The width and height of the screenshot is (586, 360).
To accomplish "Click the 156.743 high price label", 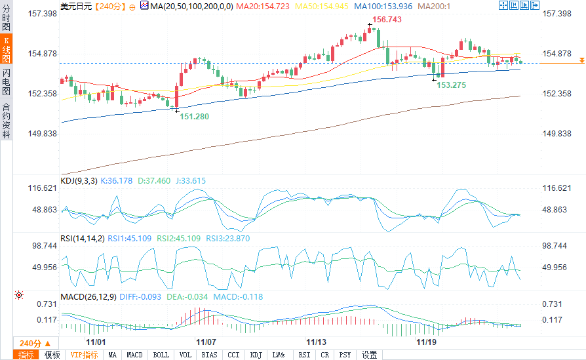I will tap(388, 20).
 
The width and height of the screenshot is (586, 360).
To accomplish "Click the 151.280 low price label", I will tap(195, 116).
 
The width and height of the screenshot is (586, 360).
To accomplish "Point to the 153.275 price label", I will tap(452, 85).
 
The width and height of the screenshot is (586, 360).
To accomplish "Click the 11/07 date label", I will tap(206, 342).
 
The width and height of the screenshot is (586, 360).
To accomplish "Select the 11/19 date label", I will tap(427, 342).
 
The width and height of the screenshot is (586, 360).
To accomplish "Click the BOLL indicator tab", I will tap(160, 355).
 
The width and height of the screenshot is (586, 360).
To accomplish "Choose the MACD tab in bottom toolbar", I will tap(134, 355).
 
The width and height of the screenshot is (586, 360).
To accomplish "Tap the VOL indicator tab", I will tap(186, 355).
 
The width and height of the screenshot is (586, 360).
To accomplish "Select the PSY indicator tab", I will tap(345, 355).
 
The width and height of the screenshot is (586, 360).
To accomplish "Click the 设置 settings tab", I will tap(369, 355).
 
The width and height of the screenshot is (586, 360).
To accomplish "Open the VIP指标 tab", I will tap(85, 355).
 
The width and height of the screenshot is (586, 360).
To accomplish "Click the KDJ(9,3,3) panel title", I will tap(78, 180).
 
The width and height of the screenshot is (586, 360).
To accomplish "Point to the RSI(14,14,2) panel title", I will tap(82, 238).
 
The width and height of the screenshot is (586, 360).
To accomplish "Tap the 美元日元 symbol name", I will tap(75, 6).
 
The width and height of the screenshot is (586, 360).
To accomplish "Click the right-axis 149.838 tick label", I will tap(558, 134).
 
